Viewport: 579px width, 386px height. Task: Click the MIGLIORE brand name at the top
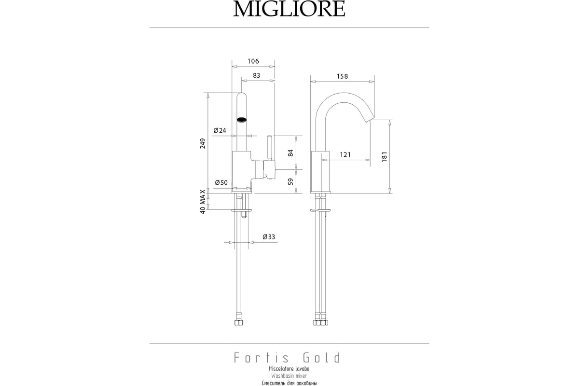click(289, 9)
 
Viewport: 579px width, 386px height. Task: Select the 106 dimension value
click(253, 61)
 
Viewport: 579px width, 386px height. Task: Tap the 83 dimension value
click(256, 75)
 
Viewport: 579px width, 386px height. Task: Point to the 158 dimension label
click(342, 76)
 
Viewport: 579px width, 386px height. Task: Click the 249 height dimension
click(203, 143)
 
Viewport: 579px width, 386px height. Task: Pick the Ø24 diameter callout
click(220, 130)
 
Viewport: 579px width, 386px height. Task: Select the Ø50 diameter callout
click(221, 182)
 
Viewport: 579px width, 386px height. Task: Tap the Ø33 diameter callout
click(269, 237)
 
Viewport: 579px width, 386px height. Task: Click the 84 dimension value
click(291, 153)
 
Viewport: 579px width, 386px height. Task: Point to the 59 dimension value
click(291, 181)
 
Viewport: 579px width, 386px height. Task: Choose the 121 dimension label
click(345, 154)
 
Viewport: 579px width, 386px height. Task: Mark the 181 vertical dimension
click(385, 157)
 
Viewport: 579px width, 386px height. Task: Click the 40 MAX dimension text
click(203, 202)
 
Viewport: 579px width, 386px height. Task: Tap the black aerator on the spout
click(242, 120)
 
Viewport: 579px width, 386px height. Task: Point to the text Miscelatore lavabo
click(289, 369)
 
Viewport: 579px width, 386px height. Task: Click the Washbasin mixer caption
click(289, 376)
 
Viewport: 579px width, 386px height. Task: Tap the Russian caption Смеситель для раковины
click(289, 383)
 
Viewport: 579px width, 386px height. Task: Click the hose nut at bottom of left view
click(239, 323)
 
